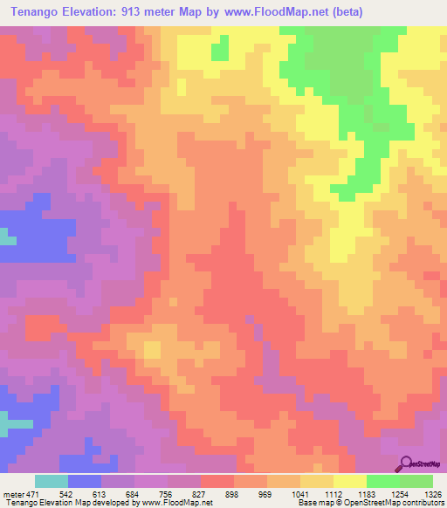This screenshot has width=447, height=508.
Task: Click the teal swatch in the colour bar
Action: click(52, 482)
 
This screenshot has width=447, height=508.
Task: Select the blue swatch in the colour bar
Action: click(85, 482)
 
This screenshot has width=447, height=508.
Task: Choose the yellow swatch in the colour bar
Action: click(348, 482)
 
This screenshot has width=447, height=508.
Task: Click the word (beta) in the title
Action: click(341, 11)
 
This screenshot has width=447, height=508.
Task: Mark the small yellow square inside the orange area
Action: click(152, 350)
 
